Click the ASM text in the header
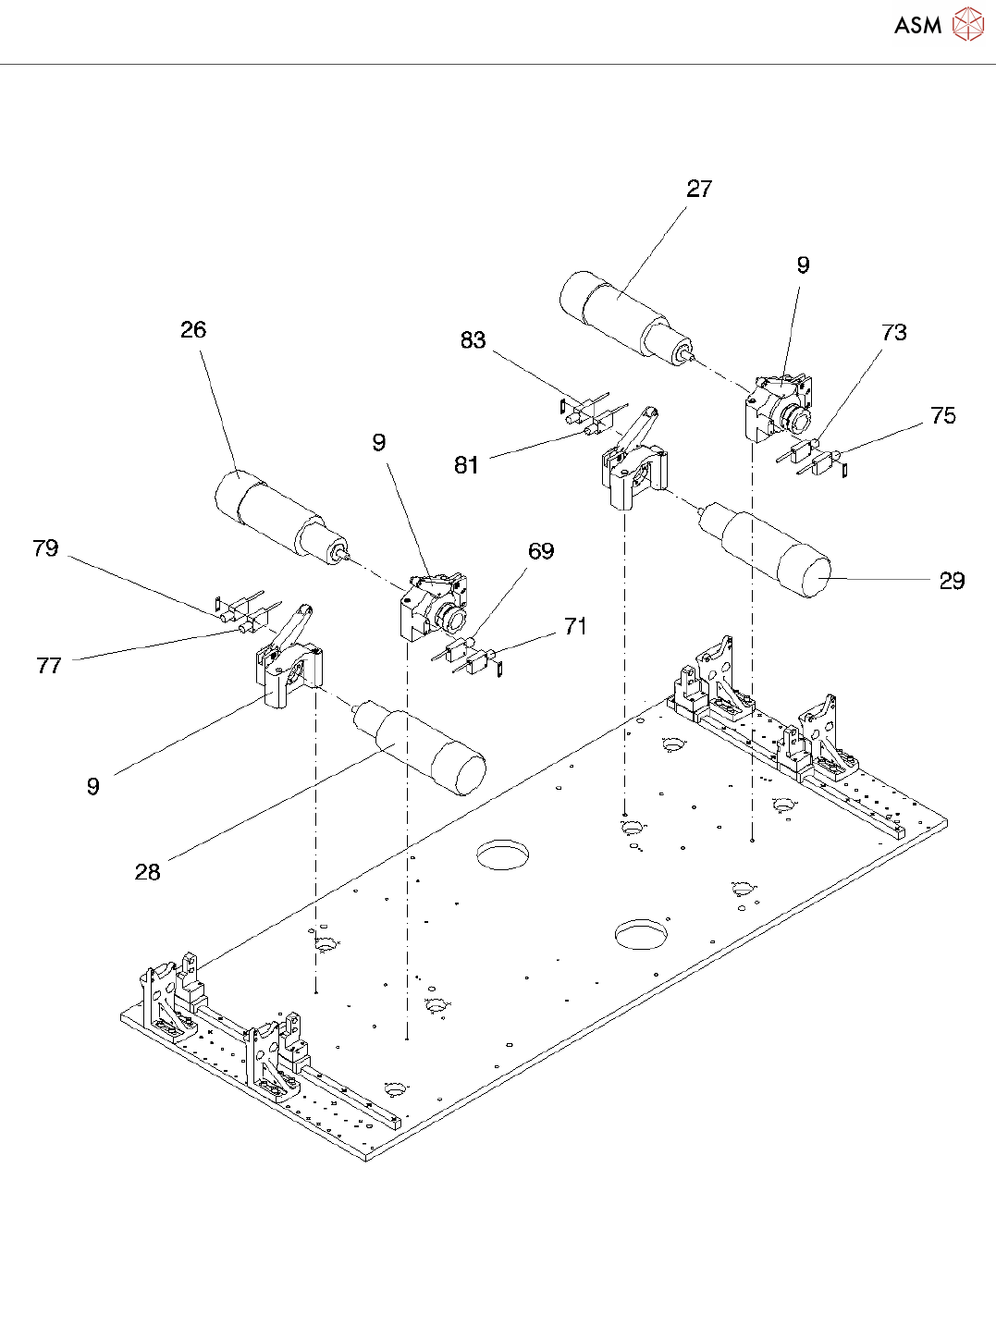tap(917, 25)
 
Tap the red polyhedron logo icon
tap(967, 24)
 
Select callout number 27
tap(699, 189)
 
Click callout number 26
tap(193, 329)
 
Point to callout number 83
tap(473, 340)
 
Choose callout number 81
tap(467, 465)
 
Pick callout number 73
tap(894, 332)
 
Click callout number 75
tap(943, 415)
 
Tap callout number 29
tap(952, 581)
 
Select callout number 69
tap(541, 551)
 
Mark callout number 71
tap(575, 626)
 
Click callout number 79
tap(46, 548)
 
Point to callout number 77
tap(48, 666)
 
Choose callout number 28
tap(147, 872)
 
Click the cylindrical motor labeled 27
tap(626, 317)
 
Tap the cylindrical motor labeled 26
tap(282, 517)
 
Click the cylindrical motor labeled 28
tap(420, 745)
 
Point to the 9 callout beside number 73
tap(803, 264)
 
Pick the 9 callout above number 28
tap(92, 787)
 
